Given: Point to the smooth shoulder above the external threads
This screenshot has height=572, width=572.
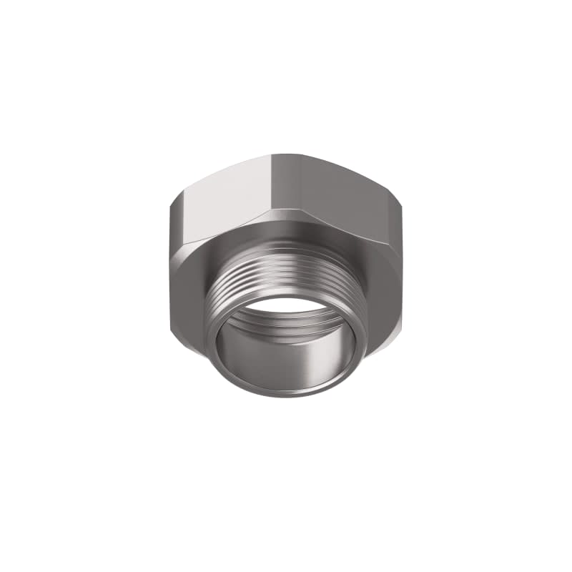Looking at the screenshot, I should pyautogui.click(x=286, y=247).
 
